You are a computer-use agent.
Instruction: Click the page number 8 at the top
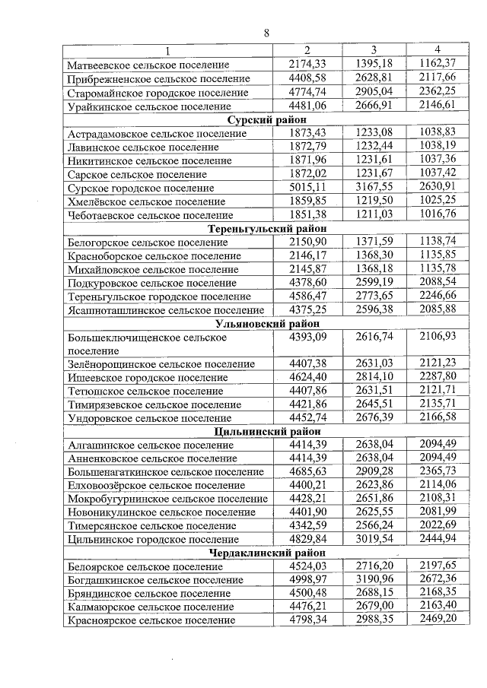point(266,33)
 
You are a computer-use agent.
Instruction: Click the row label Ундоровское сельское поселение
point(148,418)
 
